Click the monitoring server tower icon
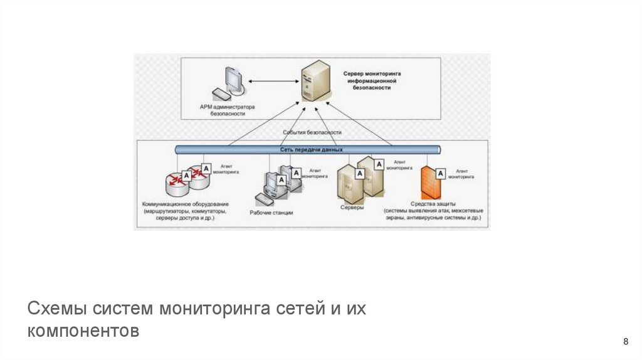pyautogui.click(x=313, y=81)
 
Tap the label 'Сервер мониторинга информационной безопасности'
pyautogui.click(x=372, y=81)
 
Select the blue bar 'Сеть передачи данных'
pyautogui.click(x=307, y=149)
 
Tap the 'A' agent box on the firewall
pyautogui.click(x=441, y=173)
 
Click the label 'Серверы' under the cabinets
pyautogui.click(x=352, y=207)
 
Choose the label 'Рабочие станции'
pyautogui.click(x=271, y=213)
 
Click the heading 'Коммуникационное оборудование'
pyautogui.click(x=186, y=204)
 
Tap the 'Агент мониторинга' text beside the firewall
pyautogui.click(x=465, y=174)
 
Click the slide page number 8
pyautogui.click(x=626, y=341)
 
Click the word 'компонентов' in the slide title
pyautogui.click(x=83, y=331)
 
